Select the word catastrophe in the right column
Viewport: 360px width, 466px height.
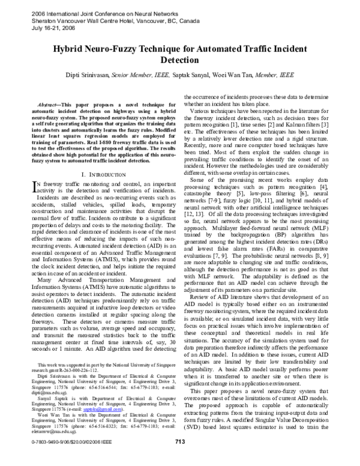[202, 196]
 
